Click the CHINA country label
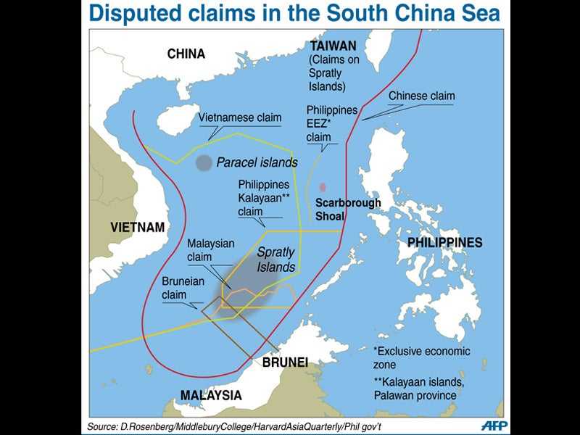(x=186, y=54)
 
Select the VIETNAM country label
(x=138, y=227)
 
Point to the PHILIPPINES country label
(x=444, y=242)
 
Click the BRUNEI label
(x=285, y=362)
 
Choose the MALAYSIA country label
(x=211, y=395)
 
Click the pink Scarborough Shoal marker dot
(x=323, y=187)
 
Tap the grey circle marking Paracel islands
(x=204, y=163)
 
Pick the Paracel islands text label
(x=257, y=162)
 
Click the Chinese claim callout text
(x=421, y=96)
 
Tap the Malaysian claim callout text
(x=210, y=250)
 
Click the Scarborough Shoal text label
(x=347, y=210)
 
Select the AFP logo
(x=494, y=426)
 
